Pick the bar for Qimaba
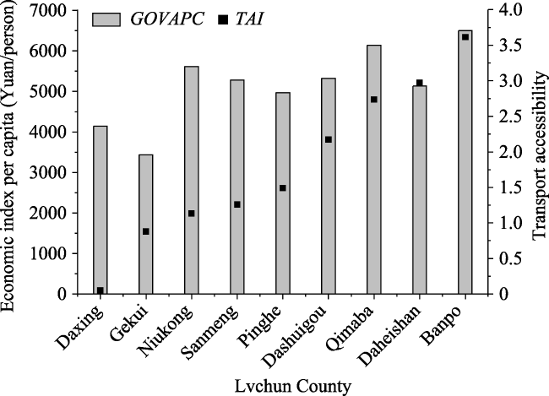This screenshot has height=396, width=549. [x=374, y=169]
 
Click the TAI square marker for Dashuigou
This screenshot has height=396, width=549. [x=329, y=139]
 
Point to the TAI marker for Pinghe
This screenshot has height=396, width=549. [x=283, y=187]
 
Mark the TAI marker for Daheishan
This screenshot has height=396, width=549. [x=420, y=83]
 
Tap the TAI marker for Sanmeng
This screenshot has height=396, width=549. [x=237, y=204]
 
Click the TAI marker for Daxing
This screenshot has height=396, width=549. [x=101, y=290]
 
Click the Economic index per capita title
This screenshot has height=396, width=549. [x=11, y=152]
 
